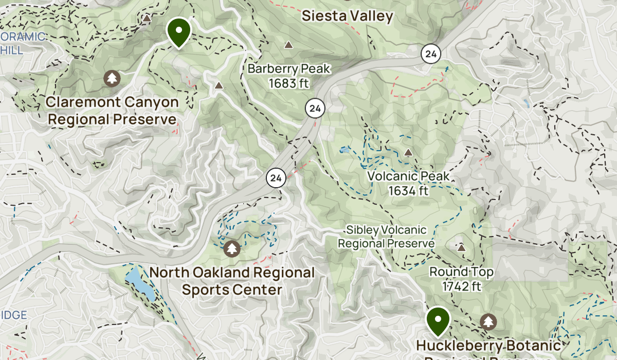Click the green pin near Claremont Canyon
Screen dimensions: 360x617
(178, 31)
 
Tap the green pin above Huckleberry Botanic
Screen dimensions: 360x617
(438, 319)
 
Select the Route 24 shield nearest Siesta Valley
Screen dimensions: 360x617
(431, 53)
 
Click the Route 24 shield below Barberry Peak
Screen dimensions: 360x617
(315, 109)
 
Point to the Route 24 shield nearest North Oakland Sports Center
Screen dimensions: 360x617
(276, 178)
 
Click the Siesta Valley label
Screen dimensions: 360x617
(347, 16)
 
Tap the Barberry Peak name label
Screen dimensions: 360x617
(288, 68)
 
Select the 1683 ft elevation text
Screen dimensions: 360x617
(288, 83)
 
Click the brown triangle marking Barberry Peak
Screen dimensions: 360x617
(288, 45)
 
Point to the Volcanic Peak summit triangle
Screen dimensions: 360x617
(408, 153)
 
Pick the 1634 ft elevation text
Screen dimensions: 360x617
(408, 191)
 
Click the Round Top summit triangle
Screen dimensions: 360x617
(461, 248)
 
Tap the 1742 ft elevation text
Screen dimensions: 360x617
(461, 286)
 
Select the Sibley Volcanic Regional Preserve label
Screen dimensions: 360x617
(386, 237)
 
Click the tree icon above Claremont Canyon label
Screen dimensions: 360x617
(112, 79)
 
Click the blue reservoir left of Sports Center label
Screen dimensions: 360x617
(139, 282)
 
